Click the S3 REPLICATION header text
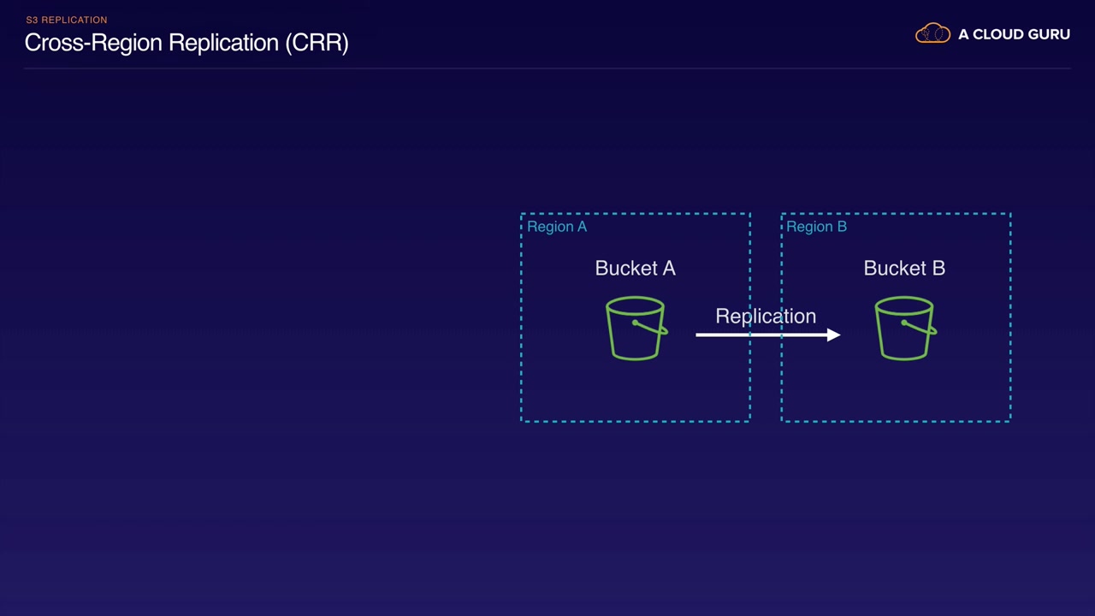tap(67, 20)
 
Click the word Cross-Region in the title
tap(93, 43)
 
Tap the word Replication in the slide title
tap(223, 44)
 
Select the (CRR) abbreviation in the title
tap(317, 43)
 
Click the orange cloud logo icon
tap(932, 33)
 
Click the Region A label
tap(557, 227)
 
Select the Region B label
tap(816, 227)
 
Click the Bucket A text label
tap(635, 268)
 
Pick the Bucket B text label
tap(904, 268)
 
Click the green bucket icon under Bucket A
tap(636, 328)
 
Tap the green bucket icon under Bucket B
tap(905, 328)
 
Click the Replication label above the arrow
tap(766, 317)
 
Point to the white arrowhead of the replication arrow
tap(833, 335)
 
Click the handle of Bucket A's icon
tap(650, 328)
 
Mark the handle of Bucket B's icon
tap(919, 328)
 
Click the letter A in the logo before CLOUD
tap(963, 34)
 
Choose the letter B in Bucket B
tap(938, 268)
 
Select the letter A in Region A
tap(582, 227)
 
